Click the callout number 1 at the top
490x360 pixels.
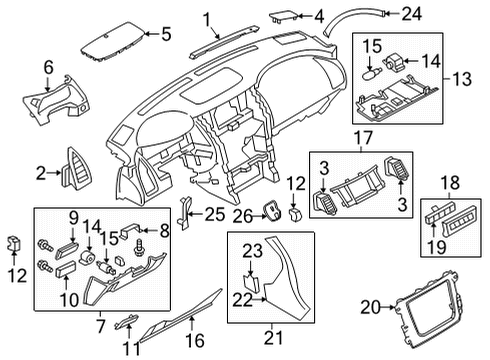[x=207, y=18]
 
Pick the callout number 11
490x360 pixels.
[x=130, y=347]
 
